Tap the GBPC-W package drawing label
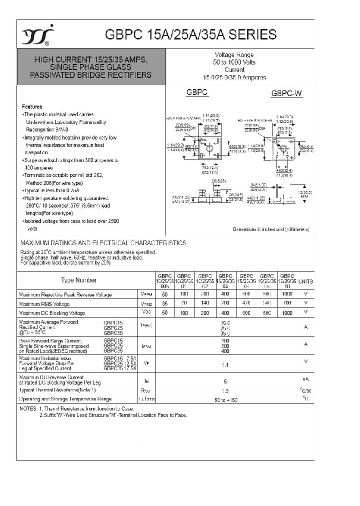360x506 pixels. [286, 93]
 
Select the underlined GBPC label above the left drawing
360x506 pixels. [197, 92]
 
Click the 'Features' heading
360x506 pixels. [32, 107]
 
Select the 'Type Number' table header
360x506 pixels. [79, 280]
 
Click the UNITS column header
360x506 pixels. [305, 281]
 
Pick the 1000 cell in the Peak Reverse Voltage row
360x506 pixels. [287, 294]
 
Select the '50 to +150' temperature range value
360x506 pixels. [225, 399]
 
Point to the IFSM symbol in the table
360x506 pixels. [146, 345]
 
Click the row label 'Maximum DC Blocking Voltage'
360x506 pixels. [51, 313]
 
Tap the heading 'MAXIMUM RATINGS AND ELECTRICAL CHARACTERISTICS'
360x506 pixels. [102, 243]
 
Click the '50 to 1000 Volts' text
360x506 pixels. [234, 62]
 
